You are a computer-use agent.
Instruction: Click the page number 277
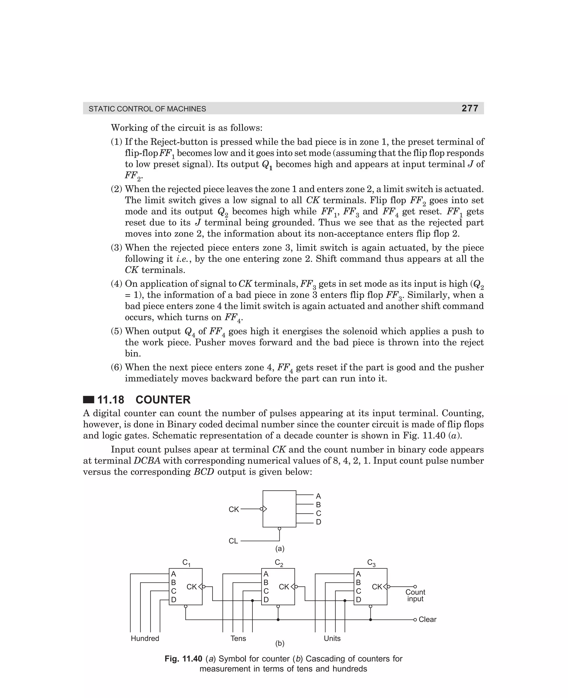point(470,108)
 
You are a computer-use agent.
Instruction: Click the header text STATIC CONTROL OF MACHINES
point(147,109)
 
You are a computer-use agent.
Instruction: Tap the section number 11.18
point(111,400)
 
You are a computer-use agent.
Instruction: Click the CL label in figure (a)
point(233,541)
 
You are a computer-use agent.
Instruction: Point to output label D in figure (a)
point(318,522)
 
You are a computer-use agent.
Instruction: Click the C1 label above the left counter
point(186,563)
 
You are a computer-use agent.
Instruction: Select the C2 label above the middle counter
point(279,563)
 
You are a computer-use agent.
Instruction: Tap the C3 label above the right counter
point(371,563)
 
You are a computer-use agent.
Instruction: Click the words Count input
point(415,595)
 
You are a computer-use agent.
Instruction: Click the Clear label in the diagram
point(427,619)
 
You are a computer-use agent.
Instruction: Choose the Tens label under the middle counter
point(238,638)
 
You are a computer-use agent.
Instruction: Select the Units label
point(332,638)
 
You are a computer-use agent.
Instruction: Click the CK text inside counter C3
point(377,587)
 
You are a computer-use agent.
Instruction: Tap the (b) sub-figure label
point(280,643)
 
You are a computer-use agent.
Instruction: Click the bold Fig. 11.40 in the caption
point(183,659)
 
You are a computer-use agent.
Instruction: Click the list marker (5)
point(116,331)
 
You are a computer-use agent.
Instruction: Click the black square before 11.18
point(88,400)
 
